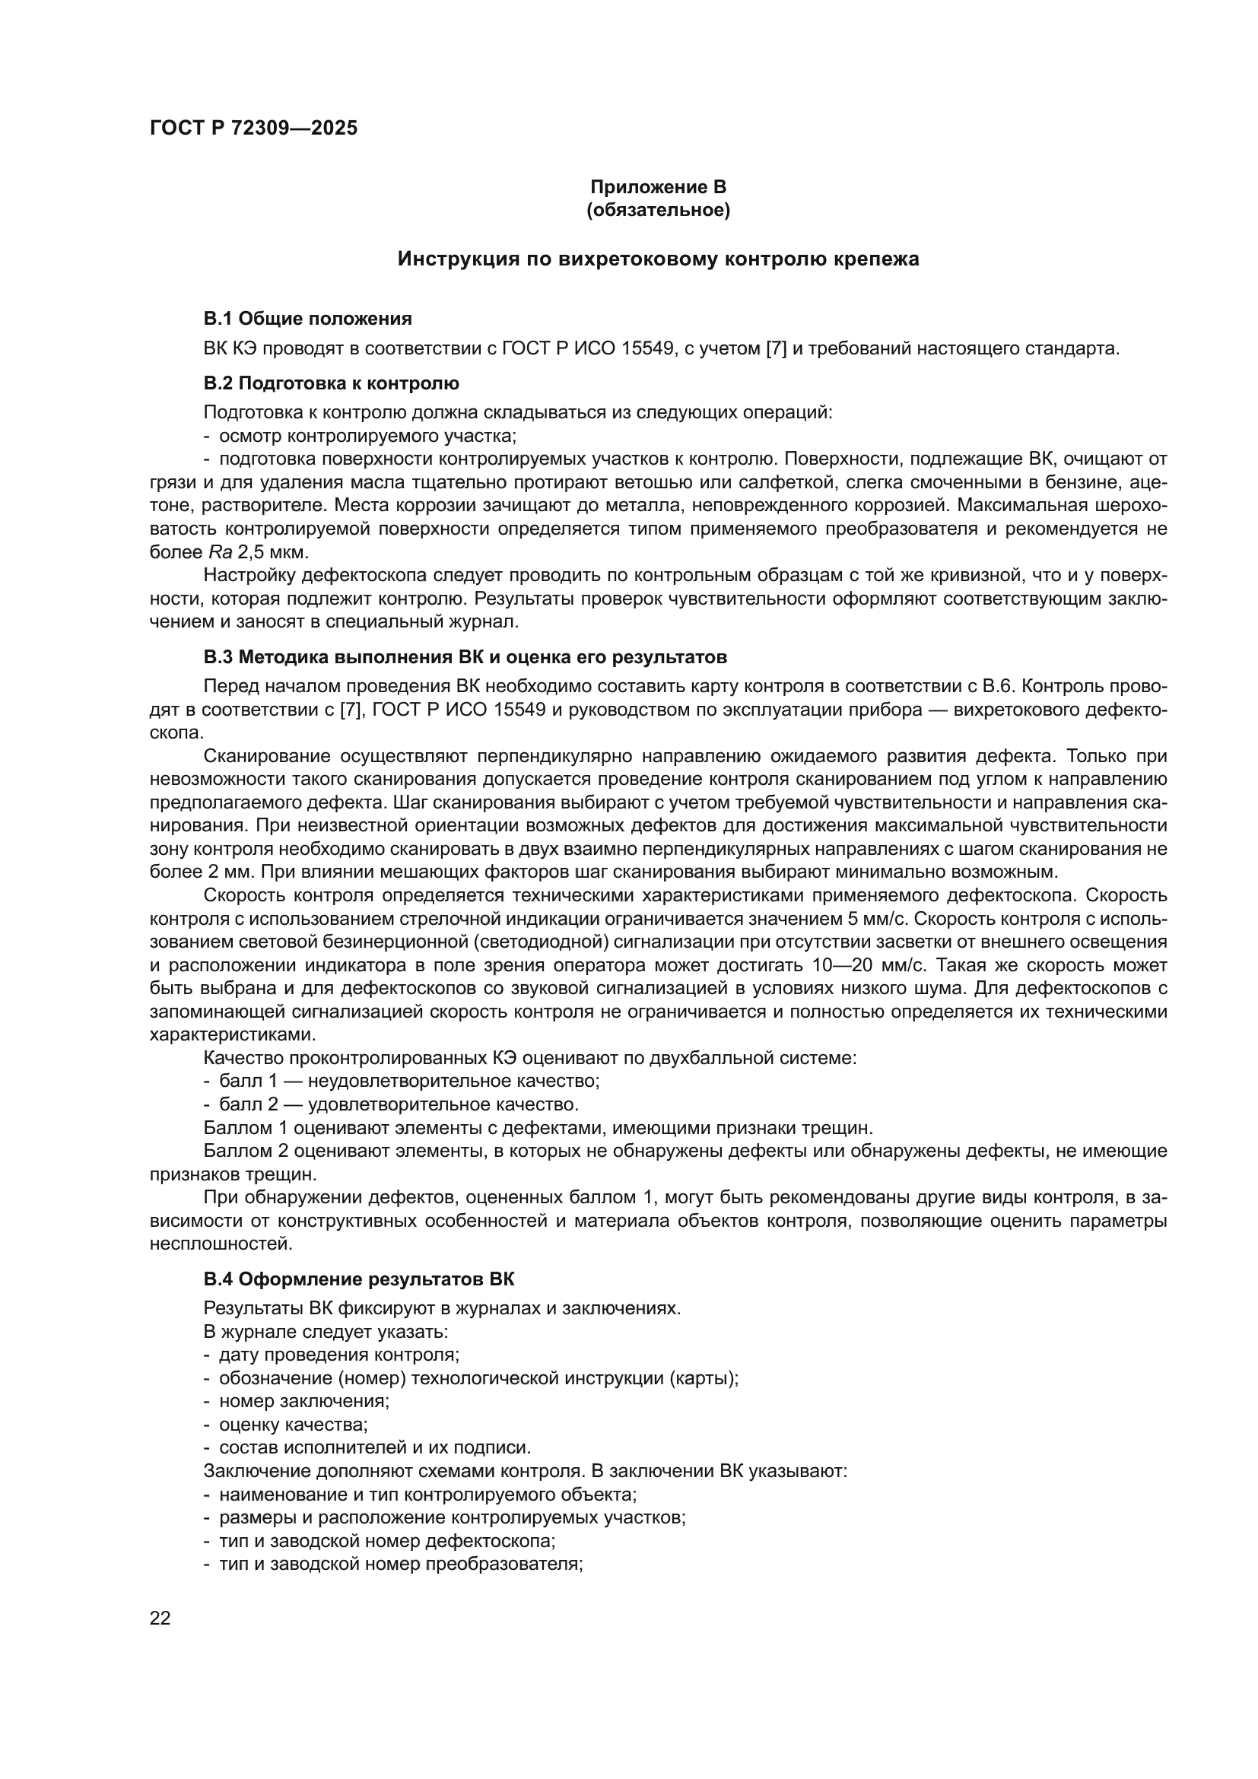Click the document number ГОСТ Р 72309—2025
click(253, 129)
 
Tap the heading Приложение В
click(658, 187)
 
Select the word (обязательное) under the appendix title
click(658, 210)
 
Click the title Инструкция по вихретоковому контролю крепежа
click(658, 259)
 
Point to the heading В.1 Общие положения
click(307, 319)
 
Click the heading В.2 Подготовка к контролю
click(331, 383)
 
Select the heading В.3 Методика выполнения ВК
click(465, 658)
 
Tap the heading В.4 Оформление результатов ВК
click(359, 1279)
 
